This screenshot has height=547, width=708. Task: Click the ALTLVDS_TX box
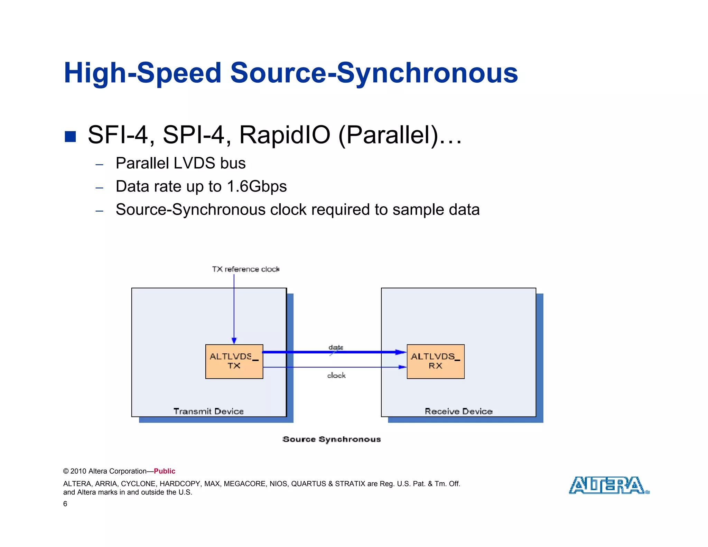coord(234,361)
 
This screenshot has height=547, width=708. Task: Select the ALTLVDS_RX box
coord(435,361)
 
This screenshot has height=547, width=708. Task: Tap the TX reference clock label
coord(245,269)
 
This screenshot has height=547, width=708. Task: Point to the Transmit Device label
coord(208,411)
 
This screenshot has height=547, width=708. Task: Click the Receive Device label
coord(458,411)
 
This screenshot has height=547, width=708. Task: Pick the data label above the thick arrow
coord(336,347)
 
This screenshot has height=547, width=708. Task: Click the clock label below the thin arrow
coord(336,375)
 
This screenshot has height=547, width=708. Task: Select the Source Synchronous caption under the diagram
coord(331,439)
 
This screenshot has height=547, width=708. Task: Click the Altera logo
coord(609,485)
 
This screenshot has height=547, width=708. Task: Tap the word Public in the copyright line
coord(165,471)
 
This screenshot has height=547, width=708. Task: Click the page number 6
coord(65,504)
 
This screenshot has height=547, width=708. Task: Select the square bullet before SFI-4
coord(70,137)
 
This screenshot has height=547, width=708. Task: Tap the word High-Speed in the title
coord(142,73)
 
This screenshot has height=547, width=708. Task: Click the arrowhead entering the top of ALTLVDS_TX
coord(234,341)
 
